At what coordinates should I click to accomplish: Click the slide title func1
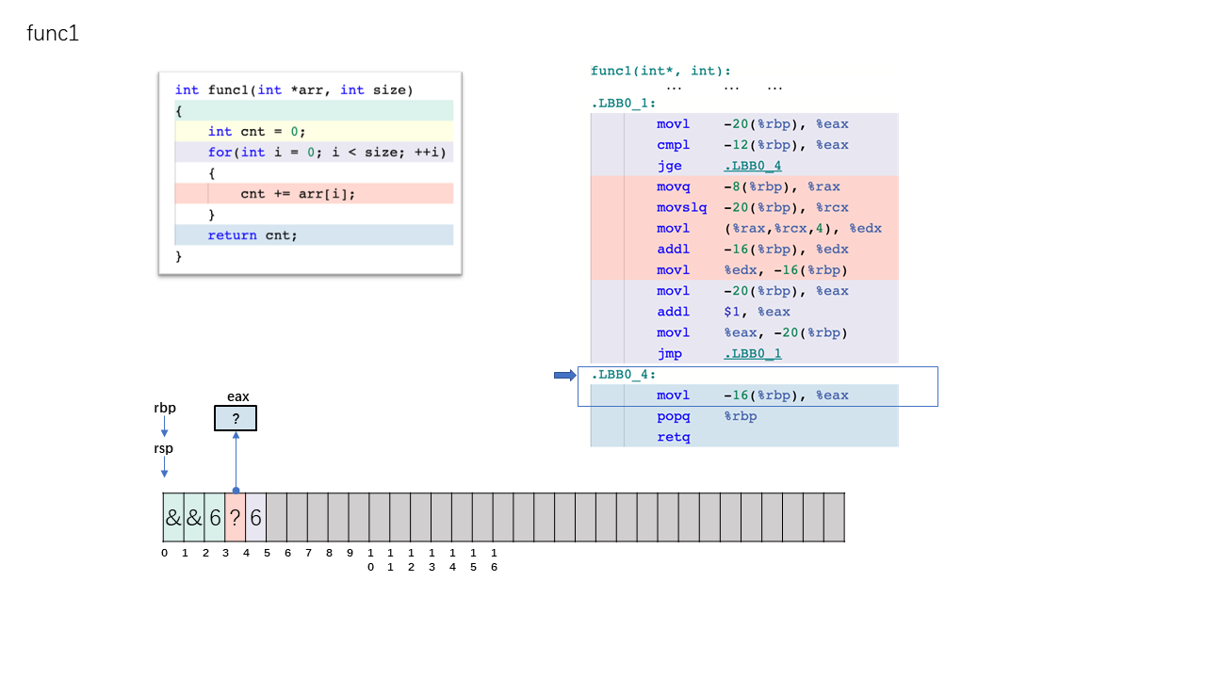click(x=53, y=33)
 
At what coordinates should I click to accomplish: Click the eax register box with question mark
click(x=236, y=418)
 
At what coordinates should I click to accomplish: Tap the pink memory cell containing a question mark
click(x=236, y=517)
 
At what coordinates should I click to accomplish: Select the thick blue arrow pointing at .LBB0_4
click(x=565, y=375)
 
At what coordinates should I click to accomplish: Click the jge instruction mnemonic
click(x=669, y=167)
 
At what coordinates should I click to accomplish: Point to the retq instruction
click(x=673, y=437)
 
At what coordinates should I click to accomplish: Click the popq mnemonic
click(x=673, y=416)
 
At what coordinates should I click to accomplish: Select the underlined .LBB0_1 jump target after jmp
click(x=753, y=353)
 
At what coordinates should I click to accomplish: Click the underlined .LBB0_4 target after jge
click(x=753, y=166)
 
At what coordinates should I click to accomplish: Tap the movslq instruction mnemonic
click(x=681, y=208)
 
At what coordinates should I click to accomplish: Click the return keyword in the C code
click(x=232, y=235)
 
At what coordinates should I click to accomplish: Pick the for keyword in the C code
click(x=220, y=153)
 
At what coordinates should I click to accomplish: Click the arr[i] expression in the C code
click(x=323, y=194)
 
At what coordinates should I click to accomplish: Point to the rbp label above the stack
click(x=165, y=408)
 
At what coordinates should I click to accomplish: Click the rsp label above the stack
click(x=164, y=449)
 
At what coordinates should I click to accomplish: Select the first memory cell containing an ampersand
click(x=173, y=517)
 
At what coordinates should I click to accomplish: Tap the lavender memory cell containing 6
click(x=255, y=517)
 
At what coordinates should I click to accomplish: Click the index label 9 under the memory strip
click(x=350, y=553)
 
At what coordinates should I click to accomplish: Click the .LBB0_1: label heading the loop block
click(x=624, y=104)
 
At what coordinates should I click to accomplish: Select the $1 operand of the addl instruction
click(x=731, y=312)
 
